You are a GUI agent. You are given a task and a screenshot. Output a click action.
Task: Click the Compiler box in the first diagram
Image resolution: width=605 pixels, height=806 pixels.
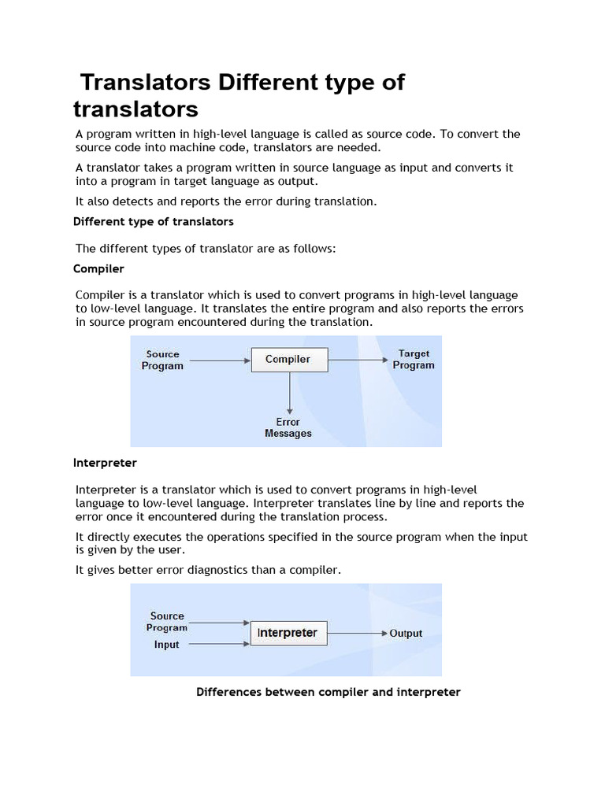pyautogui.click(x=288, y=360)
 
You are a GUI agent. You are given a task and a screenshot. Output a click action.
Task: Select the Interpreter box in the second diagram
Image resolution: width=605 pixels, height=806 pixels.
pyautogui.click(x=288, y=633)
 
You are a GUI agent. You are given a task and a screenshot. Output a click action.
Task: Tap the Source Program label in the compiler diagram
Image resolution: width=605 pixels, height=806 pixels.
pyautogui.click(x=162, y=360)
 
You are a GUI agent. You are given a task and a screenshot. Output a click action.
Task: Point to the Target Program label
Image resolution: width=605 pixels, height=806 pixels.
pyautogui.click(x=414, y=360)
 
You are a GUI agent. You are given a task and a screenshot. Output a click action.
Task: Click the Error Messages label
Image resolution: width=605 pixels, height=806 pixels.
pyautogui.click(x=288, y=427)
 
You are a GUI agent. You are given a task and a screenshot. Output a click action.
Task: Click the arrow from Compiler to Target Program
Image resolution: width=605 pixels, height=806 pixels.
pyautogui.click(x=358, y=360)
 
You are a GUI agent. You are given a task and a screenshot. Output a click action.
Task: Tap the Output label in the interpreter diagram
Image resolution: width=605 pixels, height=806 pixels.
pyautogui.click(x=406, y=634)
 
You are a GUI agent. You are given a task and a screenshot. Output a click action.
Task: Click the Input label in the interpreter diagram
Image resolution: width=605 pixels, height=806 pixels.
pyautogui.click(x=166, y=645)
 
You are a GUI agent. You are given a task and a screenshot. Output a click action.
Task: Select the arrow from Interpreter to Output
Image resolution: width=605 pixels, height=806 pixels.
pyautogui.click(x=357, y=633)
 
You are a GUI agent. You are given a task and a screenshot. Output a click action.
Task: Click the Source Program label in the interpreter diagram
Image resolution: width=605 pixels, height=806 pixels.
pyautogui.click(x=167, y=622)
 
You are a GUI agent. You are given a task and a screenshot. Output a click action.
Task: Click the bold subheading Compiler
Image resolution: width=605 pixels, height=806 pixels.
pyautogui.click(x=98, y=268)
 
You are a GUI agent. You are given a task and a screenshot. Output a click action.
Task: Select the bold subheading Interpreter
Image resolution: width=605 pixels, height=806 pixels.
pyautogui.click(x=105, y=462)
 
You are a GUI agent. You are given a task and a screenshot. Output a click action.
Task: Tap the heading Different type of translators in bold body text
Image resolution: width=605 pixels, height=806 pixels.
pyautogui.click(x=154, y=221)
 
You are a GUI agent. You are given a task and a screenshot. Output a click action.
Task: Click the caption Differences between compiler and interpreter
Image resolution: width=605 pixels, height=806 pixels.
pyautogui.click(x=328, y=692)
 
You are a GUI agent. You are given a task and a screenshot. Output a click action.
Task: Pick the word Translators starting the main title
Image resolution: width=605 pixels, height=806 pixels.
pyautogui.click(x=147, y=83)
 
